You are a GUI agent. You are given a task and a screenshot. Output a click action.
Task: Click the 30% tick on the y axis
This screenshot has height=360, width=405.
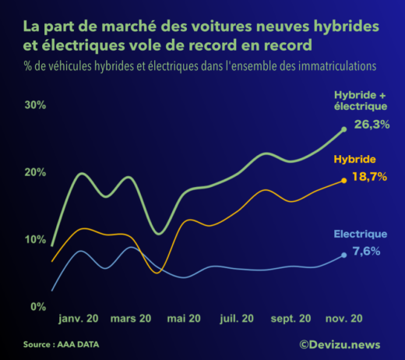coord(36,105)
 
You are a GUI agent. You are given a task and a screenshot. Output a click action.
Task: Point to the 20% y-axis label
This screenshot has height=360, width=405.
coord(36,172)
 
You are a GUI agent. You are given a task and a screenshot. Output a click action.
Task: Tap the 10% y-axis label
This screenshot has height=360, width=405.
coord(36,239)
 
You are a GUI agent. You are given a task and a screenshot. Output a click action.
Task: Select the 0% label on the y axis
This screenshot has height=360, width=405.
coord(38,306)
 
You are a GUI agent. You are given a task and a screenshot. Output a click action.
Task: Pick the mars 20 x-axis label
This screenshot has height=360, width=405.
coord(131,319)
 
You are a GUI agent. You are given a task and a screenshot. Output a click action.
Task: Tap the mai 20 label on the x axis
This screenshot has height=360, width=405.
coord(184,319)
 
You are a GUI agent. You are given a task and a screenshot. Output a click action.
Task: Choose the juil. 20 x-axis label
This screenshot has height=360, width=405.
coord(237,319)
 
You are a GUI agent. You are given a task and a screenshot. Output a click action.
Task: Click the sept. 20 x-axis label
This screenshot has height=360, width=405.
coord(291,319)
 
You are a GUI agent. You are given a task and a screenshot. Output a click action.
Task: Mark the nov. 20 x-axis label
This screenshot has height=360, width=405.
coord(344,319)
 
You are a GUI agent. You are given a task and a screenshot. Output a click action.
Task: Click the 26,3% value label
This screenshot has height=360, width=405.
coord(372,125)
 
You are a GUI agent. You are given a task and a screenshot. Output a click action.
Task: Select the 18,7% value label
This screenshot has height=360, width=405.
coord(371,177)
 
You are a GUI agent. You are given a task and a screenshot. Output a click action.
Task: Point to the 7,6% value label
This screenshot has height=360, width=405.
coord(367,251)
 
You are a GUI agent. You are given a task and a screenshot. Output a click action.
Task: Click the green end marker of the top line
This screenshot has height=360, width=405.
coord(344,129)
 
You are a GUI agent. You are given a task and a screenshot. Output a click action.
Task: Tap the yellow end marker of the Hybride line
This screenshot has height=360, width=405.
coord(344,181)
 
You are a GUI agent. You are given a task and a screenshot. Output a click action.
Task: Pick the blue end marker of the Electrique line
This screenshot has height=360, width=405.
coord(344,255)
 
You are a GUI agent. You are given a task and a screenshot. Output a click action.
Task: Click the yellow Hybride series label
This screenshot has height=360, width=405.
coord(356,160)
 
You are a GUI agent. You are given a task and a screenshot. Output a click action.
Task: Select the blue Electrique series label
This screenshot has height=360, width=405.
coord(360,234)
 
